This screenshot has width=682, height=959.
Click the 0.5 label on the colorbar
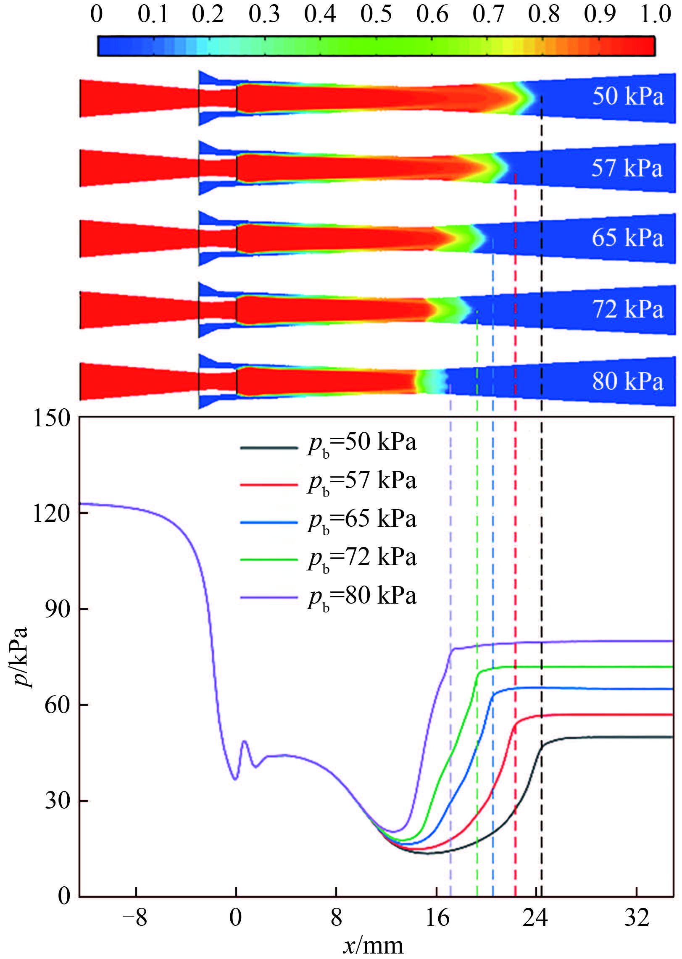(x=376, y=14)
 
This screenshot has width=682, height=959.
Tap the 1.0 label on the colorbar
(x=655, y=14)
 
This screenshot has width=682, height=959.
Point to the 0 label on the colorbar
(x=97, y=14)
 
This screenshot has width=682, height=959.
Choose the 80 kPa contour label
(x=628, y=381)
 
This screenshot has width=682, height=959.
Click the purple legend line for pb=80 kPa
(x=269, y=597)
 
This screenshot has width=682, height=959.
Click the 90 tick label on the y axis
(x=57, y=610)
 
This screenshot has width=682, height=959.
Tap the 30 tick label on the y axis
(x=57, y=801)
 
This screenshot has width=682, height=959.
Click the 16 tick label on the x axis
(x=437, y=918)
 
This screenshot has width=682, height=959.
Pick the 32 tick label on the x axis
(x=637, y=918)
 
